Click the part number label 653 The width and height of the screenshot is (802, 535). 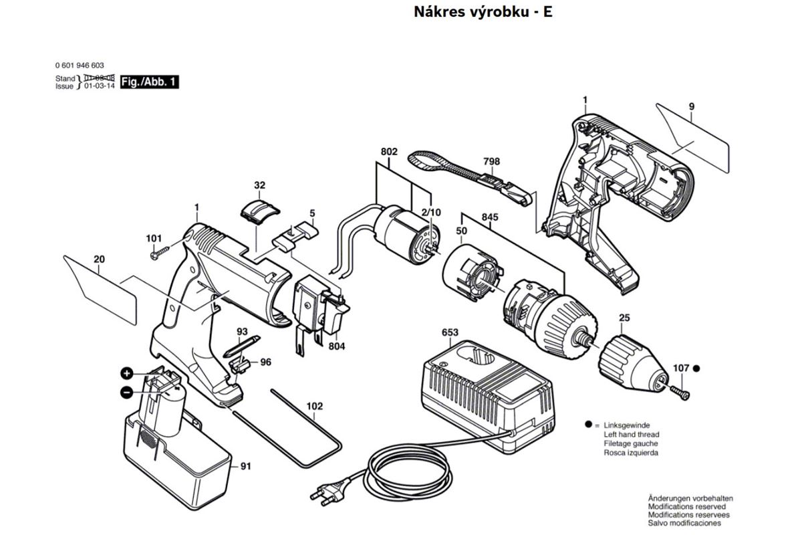pos(450,333)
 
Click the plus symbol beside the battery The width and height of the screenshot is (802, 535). pos(126,372)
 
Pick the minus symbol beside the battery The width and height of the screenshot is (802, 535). pos(126,393)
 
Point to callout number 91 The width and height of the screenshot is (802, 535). pos(245,466)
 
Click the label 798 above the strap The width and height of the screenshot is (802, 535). pos(491,162)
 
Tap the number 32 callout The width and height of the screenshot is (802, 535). pos(260,185)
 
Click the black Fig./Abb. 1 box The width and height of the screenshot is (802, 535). pos(150,82)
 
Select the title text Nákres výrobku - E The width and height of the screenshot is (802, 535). pos(483,12)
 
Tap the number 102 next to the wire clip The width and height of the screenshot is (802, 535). pos(315,406)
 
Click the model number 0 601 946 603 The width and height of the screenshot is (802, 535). pos(80,66)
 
